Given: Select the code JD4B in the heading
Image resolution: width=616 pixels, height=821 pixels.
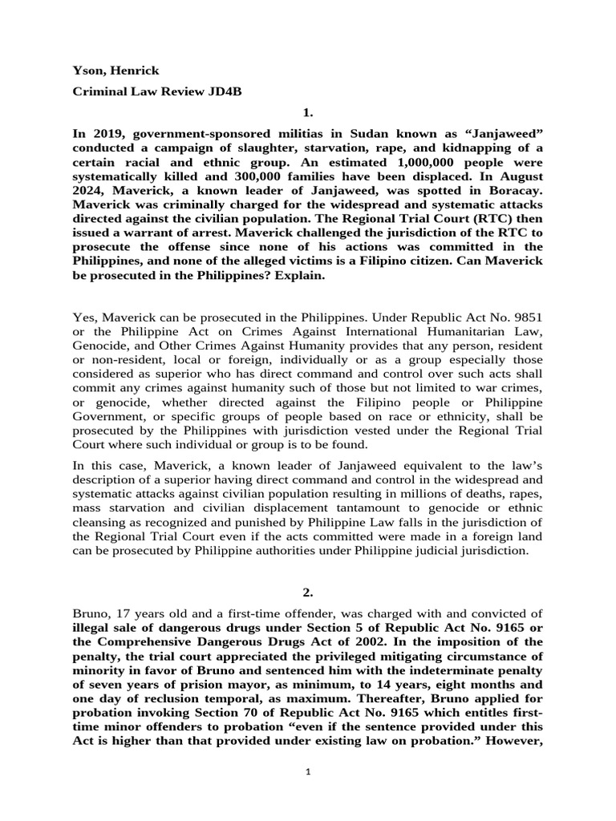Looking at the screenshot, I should (x=224, y=92).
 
